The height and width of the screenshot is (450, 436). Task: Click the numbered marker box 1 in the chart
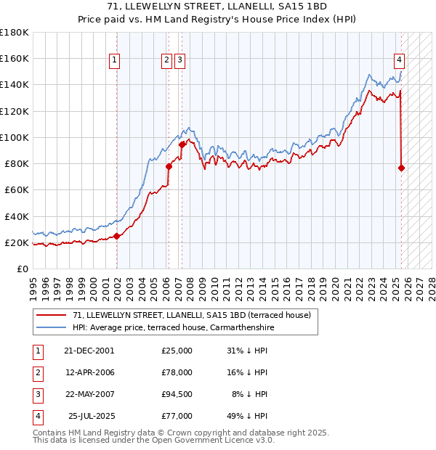(x=115, y=61)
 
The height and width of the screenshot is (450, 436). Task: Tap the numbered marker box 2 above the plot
(x=167, y=61)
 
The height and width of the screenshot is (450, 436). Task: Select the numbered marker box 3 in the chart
(x=179, y=61)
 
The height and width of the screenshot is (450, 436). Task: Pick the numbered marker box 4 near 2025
(x=400, y=61)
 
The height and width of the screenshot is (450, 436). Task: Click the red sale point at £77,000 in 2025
(x=402, y=168)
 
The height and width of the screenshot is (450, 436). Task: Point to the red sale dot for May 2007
(x=182, y=144)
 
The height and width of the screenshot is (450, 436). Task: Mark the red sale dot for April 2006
(x=169, y=166)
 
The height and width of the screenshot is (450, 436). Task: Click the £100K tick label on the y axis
(x=15, y=137)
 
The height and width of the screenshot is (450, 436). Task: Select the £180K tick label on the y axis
(x=15, y=33)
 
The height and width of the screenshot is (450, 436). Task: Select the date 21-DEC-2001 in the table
(x=89, y=351)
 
